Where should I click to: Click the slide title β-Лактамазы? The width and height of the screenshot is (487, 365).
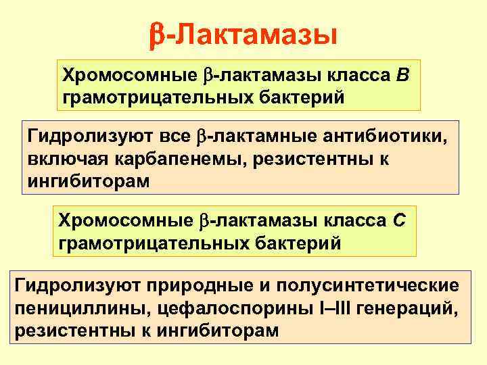243,33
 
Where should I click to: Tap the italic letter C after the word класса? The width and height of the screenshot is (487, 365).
399,222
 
